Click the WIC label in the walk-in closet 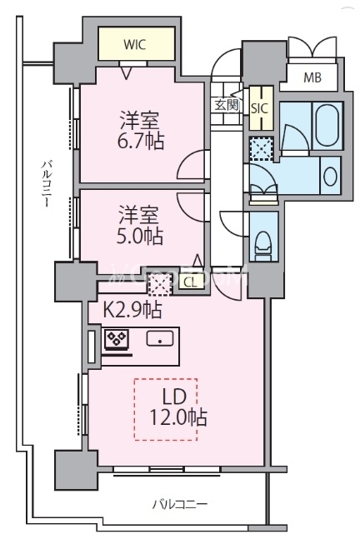(x=137, y=45)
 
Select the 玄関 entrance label (x=226, y=105)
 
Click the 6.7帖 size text (x=140, y=139)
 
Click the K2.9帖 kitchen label (x=132, y=311)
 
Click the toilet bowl (x=262, y=240)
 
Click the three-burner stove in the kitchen (x=115, y=340)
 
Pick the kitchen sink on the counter (x=158, y=339)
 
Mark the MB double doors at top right (x=310, y=49)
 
